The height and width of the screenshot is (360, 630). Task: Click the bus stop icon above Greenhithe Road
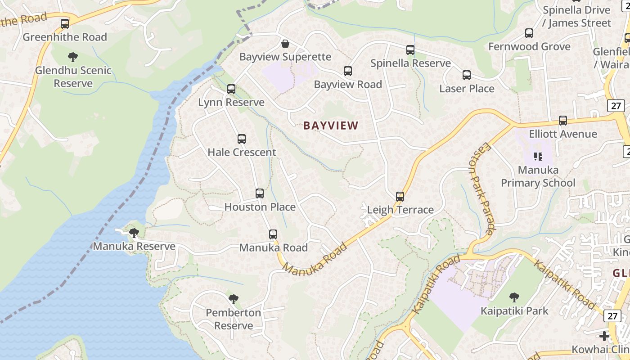65,23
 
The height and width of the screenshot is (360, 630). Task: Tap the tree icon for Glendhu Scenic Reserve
72,57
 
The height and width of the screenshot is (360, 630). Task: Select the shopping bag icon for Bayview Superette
285,44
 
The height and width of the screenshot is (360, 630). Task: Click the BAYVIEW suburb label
331,126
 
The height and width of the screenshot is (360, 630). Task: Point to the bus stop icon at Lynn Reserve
231,89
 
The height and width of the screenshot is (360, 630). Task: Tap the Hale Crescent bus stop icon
242,139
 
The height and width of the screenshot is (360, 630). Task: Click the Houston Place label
260,207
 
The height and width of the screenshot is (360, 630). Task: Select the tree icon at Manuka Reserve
134,233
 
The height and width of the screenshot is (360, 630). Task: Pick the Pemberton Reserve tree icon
233,299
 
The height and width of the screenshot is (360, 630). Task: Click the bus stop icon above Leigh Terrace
400,197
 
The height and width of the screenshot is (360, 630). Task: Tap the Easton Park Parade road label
481,189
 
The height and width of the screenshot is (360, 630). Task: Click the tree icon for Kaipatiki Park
514,297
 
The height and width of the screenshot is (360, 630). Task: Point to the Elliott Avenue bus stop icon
563,121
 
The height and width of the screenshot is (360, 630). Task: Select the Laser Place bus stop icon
467,75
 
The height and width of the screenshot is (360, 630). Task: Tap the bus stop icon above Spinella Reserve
410,50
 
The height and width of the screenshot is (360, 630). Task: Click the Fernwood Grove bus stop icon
529,33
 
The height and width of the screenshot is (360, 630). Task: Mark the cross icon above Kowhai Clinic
604,336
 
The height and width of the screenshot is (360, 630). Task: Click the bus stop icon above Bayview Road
348,71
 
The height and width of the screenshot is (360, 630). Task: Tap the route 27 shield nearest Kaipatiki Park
612,315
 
